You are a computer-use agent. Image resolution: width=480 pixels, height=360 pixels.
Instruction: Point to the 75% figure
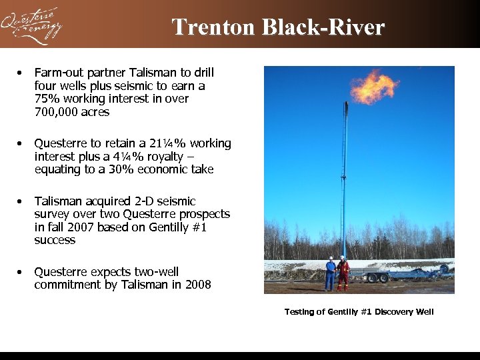tap(45, 99)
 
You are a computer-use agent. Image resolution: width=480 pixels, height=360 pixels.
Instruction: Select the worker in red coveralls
tap(343, 273)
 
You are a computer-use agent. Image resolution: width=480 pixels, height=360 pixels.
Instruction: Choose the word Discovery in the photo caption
tap(393, 312)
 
